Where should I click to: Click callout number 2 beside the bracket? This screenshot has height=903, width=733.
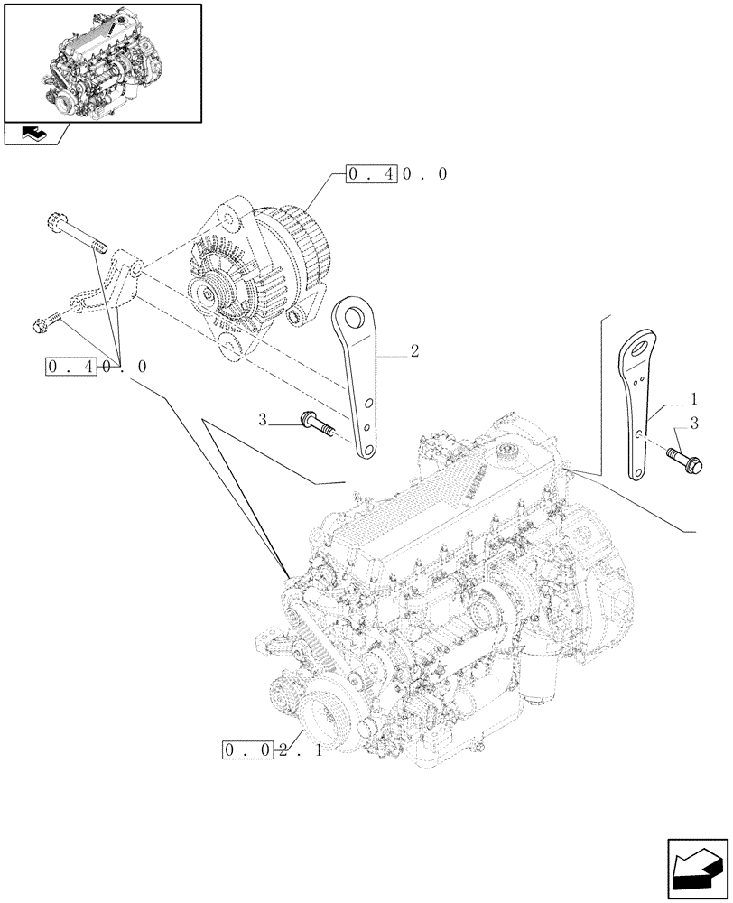pyautogui.click(x=413, y=351)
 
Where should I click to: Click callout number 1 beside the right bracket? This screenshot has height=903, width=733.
pyautogui.click(x=693, y=398)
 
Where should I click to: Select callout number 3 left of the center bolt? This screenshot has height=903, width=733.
pyautogui.click(x=263, y=420)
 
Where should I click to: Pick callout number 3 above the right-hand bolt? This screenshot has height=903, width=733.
pyautogui.click(x=693, y=423)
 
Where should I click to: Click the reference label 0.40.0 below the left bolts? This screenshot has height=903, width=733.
pyautogui.click(x=94, y=367)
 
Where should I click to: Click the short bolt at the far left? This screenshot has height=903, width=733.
pyautogui.click(x=49, y=320)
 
